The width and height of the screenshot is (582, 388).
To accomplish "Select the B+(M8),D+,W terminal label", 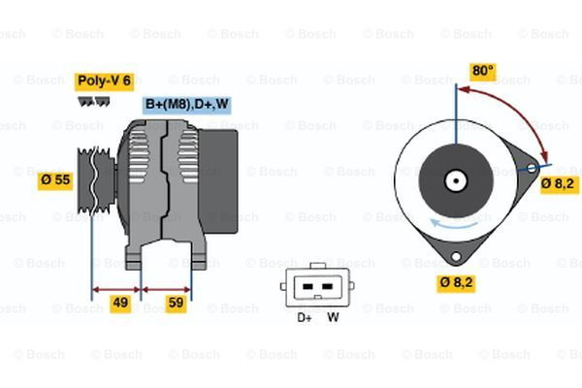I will pyautogui.click(x=187, y=105).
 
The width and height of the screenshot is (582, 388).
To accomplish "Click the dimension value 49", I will pyautogui.click(x=120, y=304).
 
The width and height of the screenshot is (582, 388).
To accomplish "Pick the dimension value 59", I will pyautogui.click(x=177, y=304).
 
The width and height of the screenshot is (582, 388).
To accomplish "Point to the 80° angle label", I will pyautogui.click(x=483, y=71).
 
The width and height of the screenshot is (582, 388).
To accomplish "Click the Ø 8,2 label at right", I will pyautogui.click(x=560, y=182).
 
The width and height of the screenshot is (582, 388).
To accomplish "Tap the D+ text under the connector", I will pyautogui.click(x=304, y=316).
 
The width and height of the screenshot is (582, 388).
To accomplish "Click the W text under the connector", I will pyautogui.click(x=333, y=316).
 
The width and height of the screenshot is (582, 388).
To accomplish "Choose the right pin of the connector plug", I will pyautogui.click(x=329, y=287).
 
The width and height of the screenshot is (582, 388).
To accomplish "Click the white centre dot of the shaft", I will pyautogui.click(x=455, y=180).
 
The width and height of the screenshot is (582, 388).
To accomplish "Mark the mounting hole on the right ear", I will pyautogui.click(x=533, y=170).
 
